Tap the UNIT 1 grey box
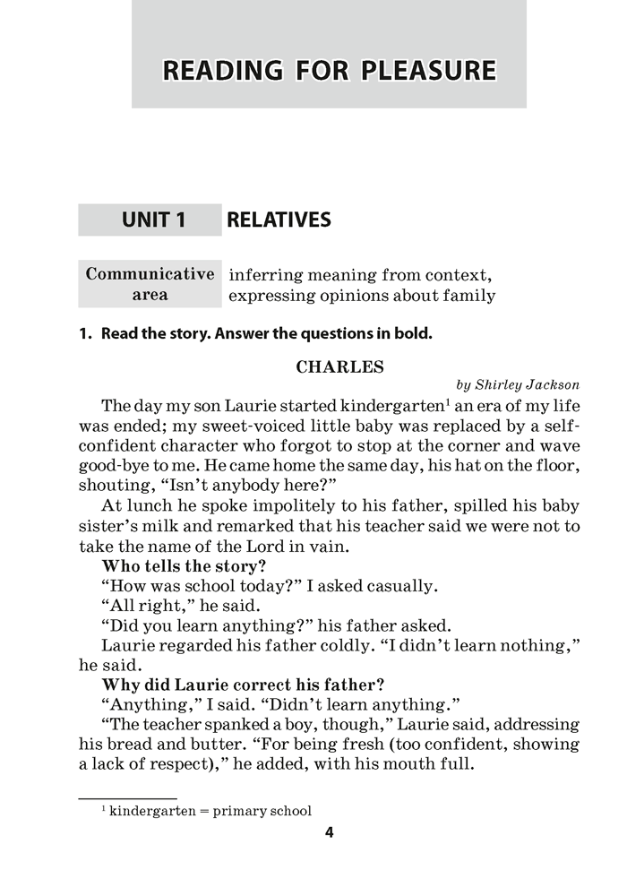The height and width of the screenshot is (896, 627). pos(150,220)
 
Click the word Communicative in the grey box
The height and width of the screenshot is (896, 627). pos(150,275)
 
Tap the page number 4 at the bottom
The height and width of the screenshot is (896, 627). pos(329,833)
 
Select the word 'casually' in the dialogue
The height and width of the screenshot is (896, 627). pos(402,587)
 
